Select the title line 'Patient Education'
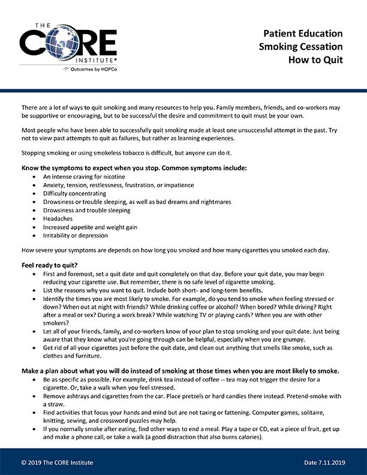click(304, 34)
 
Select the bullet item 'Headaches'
click(58, 219)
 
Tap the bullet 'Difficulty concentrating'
click(74, 194)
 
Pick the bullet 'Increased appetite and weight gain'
click(89, 227)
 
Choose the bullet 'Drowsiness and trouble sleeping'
click(86, 211)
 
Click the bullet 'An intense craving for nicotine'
click(84, 177)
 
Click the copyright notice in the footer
click(57, 462)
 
